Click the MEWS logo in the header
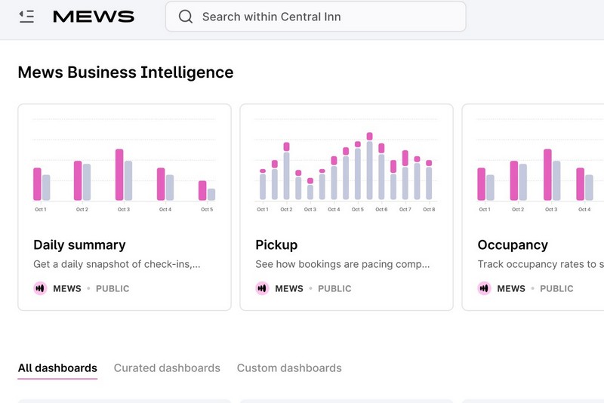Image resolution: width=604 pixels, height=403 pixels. (93, 17)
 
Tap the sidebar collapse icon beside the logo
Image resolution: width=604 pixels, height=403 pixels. (27, 16)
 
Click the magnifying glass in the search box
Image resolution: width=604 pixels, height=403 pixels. (185, 17)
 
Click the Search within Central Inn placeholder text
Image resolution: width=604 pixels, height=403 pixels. (271, 17)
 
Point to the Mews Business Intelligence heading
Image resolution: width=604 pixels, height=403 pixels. (125, 72)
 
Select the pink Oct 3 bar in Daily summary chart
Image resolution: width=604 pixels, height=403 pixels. (119, 174)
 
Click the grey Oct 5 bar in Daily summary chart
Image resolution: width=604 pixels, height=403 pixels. (211, 194)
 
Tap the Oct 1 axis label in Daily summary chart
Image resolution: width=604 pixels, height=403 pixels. (41, 209)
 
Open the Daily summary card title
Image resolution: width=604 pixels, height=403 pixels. (79, 245)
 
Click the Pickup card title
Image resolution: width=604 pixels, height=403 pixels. (276, 245)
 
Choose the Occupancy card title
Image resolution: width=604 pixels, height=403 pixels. (513, 245)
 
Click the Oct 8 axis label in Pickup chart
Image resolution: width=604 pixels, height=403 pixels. (429, 209)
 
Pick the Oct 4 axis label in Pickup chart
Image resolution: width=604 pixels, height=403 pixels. (334, 209)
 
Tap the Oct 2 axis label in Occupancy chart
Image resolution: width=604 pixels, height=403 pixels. (518, 209)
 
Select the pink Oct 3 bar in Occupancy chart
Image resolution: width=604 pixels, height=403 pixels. (547, 174)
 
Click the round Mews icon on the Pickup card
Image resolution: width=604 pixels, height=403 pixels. (262, 288)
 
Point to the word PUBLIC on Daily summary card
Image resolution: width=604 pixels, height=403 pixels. (112, 288)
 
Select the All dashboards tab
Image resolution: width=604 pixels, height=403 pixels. (57, 368)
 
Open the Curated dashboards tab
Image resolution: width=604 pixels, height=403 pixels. (167, 368)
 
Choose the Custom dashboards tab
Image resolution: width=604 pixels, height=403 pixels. (289, 368)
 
